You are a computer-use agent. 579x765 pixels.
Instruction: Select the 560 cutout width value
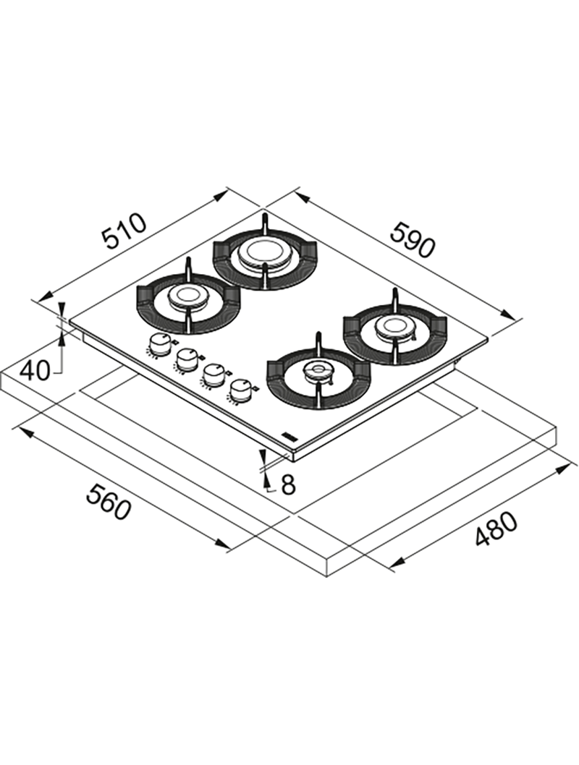109,502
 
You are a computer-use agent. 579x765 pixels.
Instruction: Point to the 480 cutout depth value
496,529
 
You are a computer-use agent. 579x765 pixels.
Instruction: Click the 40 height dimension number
35,372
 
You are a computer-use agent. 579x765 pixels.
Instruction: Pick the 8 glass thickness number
289,484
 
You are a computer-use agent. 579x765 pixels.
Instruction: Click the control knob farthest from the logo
157,344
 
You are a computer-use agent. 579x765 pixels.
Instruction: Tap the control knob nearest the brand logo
240,391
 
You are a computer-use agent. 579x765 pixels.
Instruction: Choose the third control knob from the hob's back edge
212,375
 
